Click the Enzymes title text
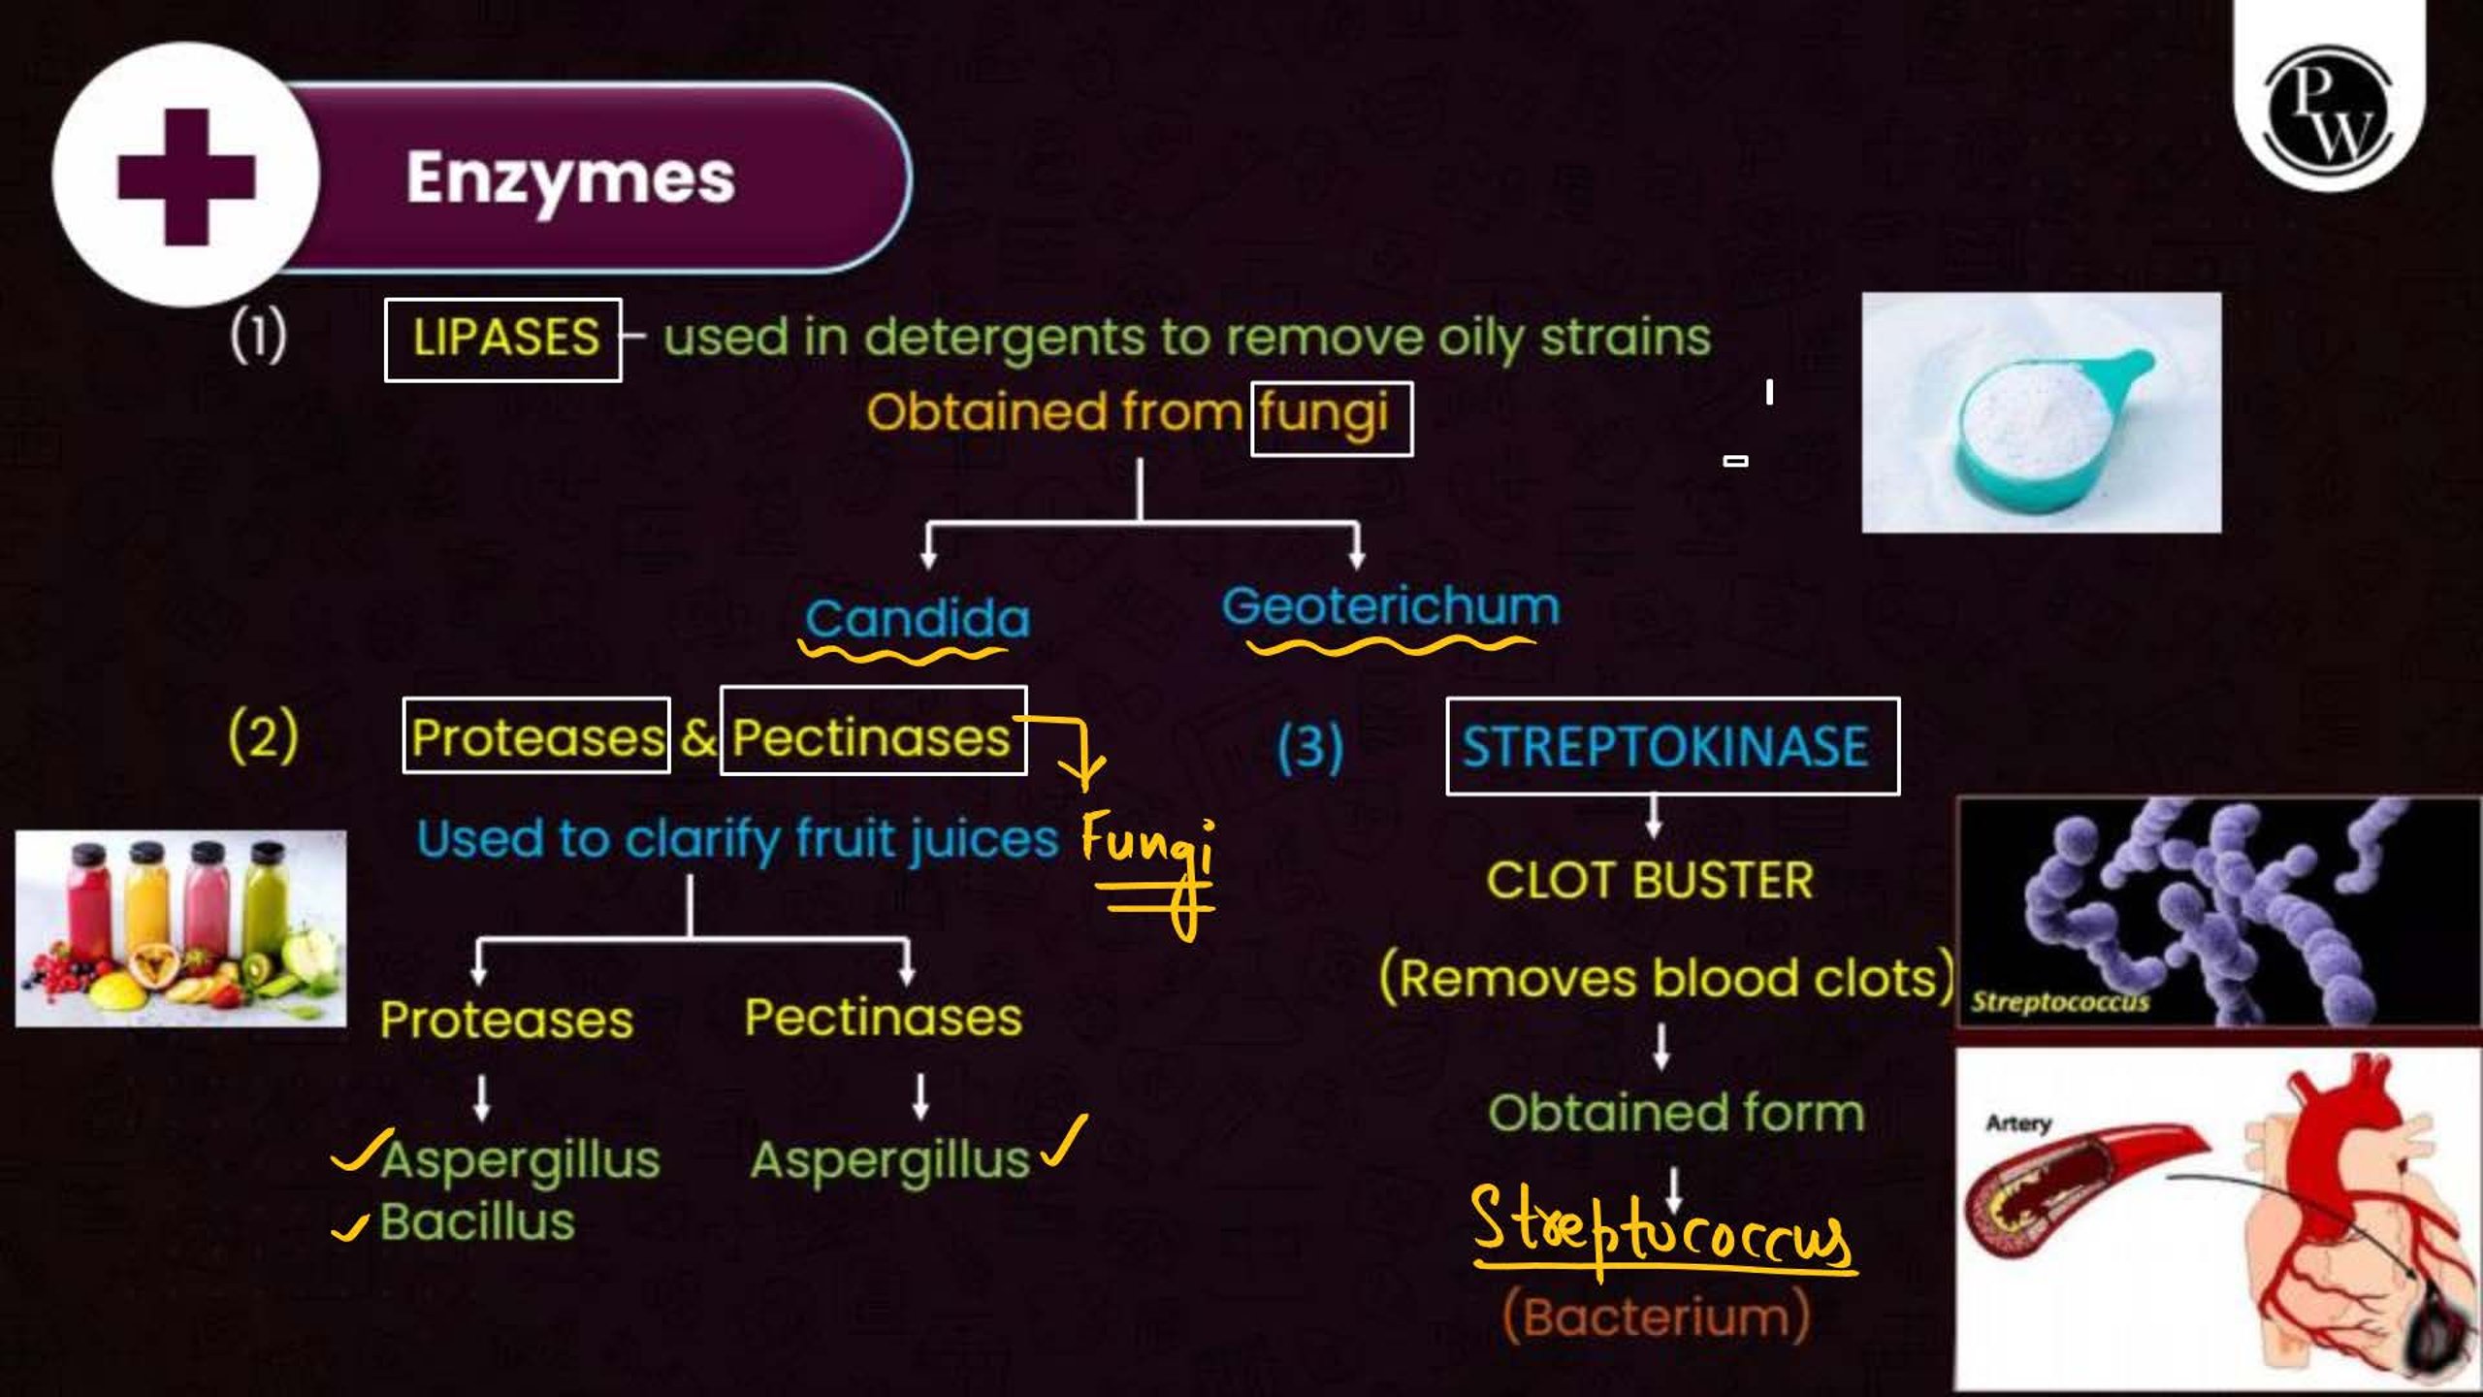(x=570, y=179)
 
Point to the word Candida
(x=918, y=618)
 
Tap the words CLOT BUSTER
(x=1649, y=881)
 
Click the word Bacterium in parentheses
(x=1657, y=1316)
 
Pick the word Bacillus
(x=477, y=1220)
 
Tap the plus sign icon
(x=186, y=177)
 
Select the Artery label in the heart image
(x=2018, y=1123)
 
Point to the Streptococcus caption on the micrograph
(x=2059, y=1001)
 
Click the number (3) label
(x=1310, y=747)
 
